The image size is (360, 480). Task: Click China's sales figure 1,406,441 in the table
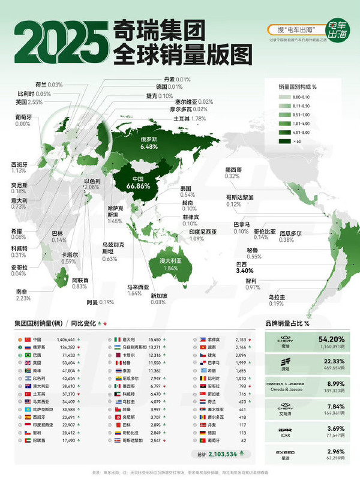click(63, 340)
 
